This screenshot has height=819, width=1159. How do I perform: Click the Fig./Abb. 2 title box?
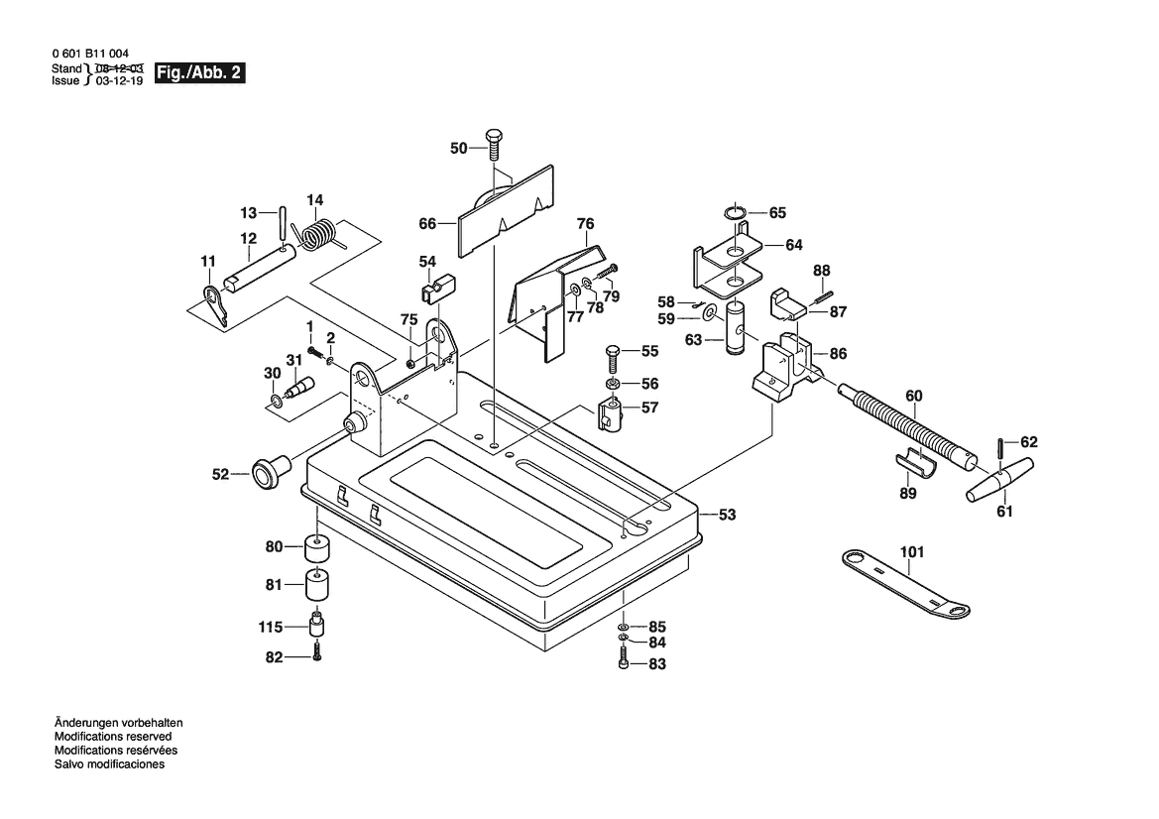pos(199,73)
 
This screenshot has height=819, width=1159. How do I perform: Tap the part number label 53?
pos(727,515)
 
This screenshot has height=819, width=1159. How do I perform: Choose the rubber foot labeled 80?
pos(317,547)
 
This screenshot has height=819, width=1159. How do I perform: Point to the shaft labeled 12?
pos(260,270)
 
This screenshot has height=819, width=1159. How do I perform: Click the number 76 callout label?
pos(585,223)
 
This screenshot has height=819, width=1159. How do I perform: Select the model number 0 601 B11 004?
pos(90,55)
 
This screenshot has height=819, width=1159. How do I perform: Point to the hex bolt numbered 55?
pos(615,352)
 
